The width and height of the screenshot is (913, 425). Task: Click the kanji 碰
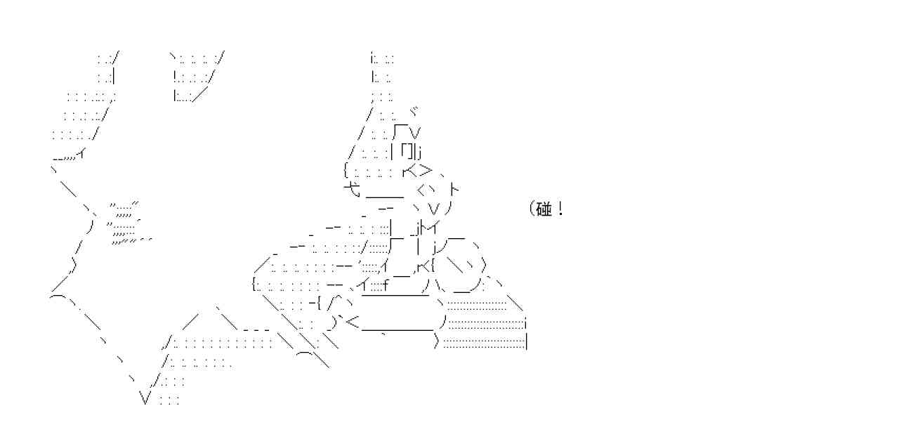[x=544, y=209]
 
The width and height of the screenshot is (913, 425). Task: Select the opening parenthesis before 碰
[x=530, y=209]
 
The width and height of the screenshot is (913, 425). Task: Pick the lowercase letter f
[x=386, y=285]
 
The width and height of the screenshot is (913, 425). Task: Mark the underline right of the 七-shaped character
[x=384, y=197]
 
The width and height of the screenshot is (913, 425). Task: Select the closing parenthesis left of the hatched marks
[x=91, y=226]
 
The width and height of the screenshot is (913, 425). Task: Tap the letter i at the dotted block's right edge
[x=526, y=324]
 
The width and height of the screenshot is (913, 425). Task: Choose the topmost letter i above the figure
[x=372, y=57]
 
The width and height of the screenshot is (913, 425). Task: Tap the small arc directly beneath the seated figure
[x=307, y=355]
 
